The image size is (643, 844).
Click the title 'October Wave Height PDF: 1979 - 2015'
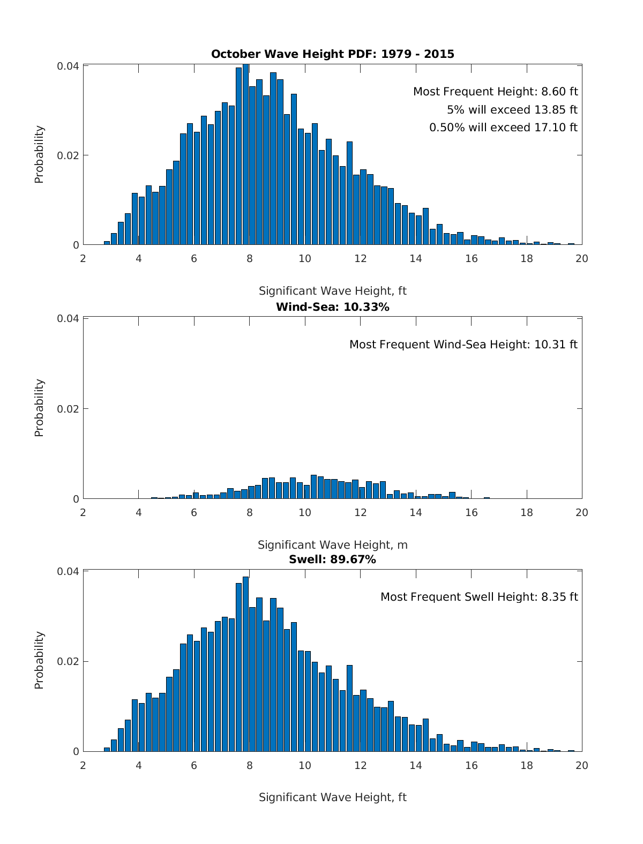(x=332, y=54)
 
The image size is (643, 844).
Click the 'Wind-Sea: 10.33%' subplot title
(x=332, y=307)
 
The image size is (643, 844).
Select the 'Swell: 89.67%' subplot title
(x=332, y=560)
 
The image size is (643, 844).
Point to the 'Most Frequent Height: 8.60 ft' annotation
(x=495, y=92)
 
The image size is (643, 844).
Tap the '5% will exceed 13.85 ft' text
(x=512, y=110)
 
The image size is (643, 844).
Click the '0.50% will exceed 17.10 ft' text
(x=503, y=128)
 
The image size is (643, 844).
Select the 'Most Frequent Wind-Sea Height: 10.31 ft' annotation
(x=463, y=345)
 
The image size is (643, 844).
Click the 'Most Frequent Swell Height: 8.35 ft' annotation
(x=478, y=597)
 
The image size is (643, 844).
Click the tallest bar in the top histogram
(x=245, y=155)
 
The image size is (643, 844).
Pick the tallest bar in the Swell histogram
(x=245, y=664)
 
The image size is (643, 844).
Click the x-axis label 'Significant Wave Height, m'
(x=332, y=545)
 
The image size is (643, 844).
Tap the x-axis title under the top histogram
(x=332, y=291)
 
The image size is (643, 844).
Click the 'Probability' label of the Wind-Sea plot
(x=39, y=408)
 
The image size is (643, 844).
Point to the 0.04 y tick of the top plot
(x=68, y=66)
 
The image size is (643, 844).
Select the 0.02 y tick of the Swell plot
(x=68, y=661)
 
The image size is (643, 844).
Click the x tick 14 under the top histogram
(x=415, y=258)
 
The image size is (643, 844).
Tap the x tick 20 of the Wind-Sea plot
(x=581, y=512)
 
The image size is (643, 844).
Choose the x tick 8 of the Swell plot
(x=249, y=765)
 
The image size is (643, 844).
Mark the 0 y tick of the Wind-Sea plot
(x=76, y=499)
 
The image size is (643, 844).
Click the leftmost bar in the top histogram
(x=107, y=243)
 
